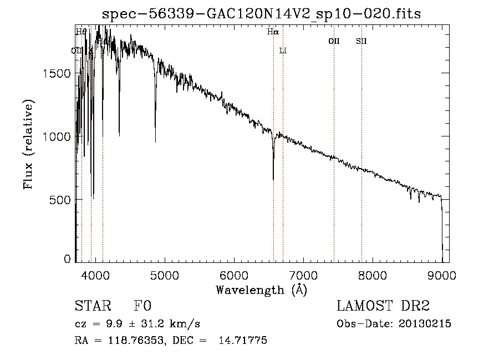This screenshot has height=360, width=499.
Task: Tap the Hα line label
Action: point(273,32)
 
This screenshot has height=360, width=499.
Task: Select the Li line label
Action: point(283,51)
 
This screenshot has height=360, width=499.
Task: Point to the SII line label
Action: point(361,41)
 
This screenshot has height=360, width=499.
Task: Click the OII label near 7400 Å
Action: point(334,41)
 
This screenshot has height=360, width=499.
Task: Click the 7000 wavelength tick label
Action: point(303,275)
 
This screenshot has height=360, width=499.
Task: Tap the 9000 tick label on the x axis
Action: point(442,275)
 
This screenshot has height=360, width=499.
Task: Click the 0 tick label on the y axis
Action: point(68,259)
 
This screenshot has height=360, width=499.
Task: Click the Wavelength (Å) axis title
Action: point(261,290)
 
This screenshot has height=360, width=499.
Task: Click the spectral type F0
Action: point(143,307)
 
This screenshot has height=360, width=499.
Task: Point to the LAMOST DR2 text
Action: point(383,307)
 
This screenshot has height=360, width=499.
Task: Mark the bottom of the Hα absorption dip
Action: point(273,179)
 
